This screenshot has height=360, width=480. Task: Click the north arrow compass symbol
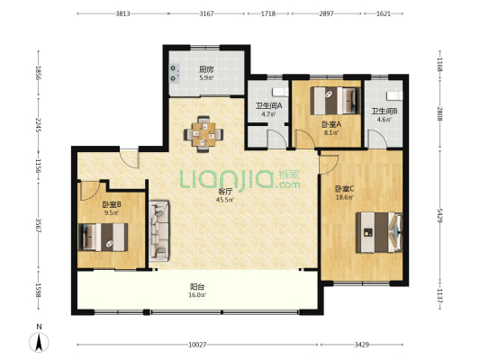[x=39, y=342]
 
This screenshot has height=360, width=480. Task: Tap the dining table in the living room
[x=204, y=134]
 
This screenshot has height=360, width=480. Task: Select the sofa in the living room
[x=159, y=231]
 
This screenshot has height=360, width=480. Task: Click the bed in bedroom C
[x=379, y=232]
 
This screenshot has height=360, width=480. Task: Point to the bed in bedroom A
[x=336, y=101]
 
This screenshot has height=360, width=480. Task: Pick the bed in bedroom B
[x=103, y=237]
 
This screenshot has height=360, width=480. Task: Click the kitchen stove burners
[x=175, y=74]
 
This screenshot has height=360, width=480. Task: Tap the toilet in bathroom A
[x=281, y=92]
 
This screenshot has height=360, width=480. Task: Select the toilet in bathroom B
[x=394, y=95]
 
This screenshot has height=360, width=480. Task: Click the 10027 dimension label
[x=197, y=345]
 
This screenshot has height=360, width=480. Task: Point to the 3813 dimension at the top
[x=122, y=13]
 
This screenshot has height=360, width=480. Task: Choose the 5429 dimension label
[x=439, y=215]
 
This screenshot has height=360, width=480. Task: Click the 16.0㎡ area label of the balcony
[x=197, y=295]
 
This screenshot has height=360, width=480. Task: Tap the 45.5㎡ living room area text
[x=225, y=200]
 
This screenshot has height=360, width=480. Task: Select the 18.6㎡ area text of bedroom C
[x=345, y=197]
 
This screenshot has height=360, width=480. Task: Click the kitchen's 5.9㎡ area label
[x=206, y=77]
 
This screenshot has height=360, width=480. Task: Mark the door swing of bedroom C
[x=329, y=165]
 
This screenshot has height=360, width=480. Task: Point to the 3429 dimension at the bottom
[x=361, y=345]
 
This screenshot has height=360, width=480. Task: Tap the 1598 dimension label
[x=39, y=290]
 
